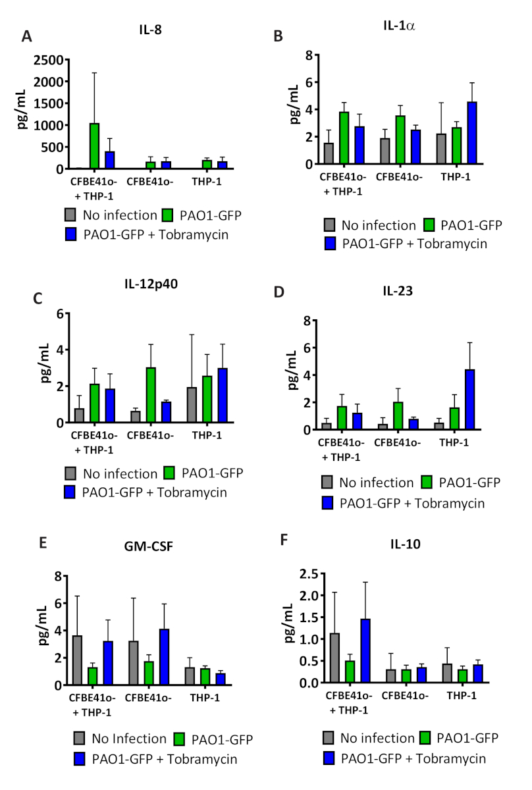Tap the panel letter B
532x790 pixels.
pyautogui.click(x=279, y=36)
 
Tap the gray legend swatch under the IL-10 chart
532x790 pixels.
pyautogui.click(x=330, y=739)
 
